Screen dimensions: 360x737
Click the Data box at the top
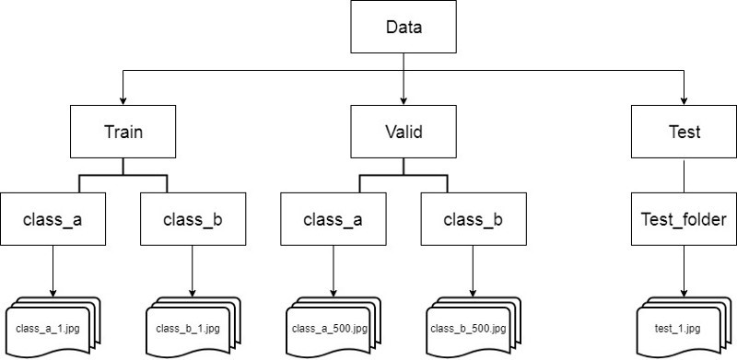(x=403, y=28)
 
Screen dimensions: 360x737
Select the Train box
(x=122, y=132)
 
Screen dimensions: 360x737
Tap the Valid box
(x=403, y=132)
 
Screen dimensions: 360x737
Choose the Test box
(x=683, y=132)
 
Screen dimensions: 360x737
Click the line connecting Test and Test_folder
(x=683, y=176)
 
